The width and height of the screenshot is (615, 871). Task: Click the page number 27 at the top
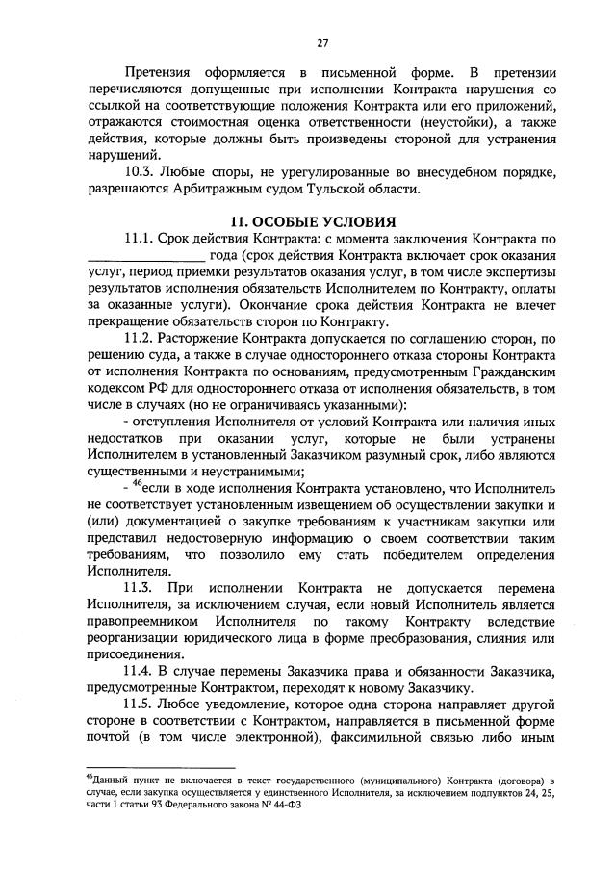click(x=322, y=42)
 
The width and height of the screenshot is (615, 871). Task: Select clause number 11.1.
click(x=142, y=239)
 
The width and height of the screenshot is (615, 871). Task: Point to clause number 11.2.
click(x=142, y=339)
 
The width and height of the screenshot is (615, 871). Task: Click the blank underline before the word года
click(x=145, y=256)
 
